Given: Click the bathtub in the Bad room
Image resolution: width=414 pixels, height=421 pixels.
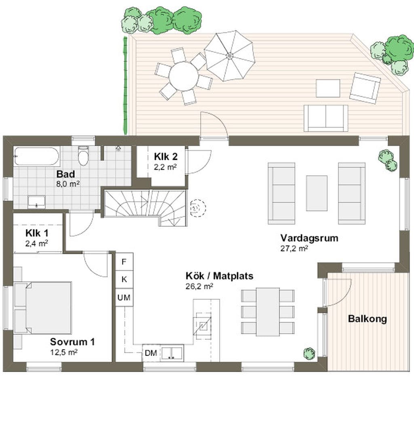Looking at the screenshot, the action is (36, 156).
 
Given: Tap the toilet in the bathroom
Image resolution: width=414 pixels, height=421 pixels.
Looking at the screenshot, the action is (83, 155).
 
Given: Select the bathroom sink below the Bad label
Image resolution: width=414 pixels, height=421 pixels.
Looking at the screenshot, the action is (36, 202).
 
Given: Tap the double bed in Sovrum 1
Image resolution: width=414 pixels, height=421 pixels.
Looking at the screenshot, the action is (43, 308).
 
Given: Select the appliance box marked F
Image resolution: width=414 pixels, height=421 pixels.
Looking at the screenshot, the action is (124, 262).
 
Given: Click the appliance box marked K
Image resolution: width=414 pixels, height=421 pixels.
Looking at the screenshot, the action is (124, 279).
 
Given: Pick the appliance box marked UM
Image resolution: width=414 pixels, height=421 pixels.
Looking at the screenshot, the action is (124, 297).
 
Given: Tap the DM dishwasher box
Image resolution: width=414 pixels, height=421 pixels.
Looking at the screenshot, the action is (151, 353).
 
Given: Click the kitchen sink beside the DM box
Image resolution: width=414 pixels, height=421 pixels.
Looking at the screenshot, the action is (172, 353).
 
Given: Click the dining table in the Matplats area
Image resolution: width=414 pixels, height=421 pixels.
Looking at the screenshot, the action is (268, 312).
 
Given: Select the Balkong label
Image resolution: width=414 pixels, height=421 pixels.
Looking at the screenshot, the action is (368, 319).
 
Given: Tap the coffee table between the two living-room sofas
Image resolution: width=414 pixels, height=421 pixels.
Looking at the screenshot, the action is (317, 193).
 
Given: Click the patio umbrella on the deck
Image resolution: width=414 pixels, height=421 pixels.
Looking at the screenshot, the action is (230, 56).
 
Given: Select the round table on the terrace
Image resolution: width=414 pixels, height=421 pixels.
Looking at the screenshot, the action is (184, 77).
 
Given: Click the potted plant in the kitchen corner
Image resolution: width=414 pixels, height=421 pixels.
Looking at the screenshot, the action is (309, 353).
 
